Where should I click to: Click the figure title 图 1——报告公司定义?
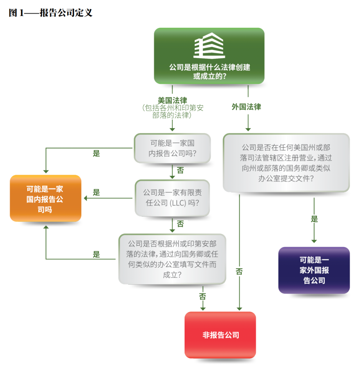[50, 13]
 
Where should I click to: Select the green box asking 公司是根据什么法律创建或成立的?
[209, 56]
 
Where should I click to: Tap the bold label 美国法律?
[172, 100]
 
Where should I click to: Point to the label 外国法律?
[246, 107]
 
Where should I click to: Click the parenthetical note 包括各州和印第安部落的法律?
[172, 112]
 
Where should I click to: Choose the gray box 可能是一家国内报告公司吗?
[172, 148]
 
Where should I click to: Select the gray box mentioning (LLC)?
[172, 198]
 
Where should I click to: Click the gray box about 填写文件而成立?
[172, 259]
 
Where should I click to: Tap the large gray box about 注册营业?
[286, 163]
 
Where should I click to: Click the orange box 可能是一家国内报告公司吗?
[46, 199]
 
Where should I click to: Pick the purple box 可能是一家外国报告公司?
[314, 270]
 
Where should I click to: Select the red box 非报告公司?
[220, 335]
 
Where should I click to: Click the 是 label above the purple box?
[314, 219]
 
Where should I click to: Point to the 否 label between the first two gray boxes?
[180, 170]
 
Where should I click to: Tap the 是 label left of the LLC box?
[96, 193]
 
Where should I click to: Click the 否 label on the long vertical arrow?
[239, 271]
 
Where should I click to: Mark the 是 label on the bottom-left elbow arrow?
[96, 255]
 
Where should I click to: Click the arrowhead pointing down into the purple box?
[314, 241]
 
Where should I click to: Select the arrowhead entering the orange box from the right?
[85, 199]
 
